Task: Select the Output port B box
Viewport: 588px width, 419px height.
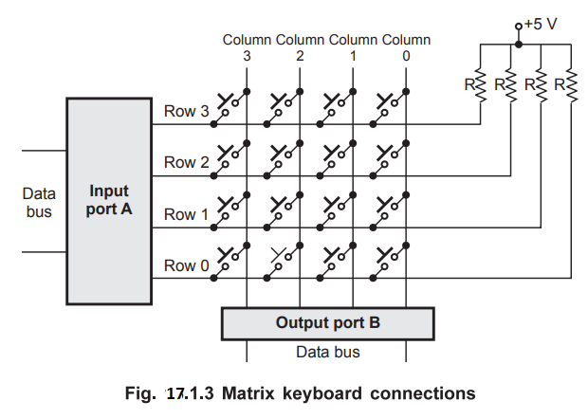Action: click(x=327, y=322)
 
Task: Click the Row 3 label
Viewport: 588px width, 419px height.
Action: click(x=186, y=112)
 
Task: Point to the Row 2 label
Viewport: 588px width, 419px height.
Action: click(x=186, y=163)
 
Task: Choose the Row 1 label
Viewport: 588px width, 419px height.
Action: click(x=186, y=214)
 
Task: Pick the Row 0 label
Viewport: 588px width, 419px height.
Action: click(x=186, y=266)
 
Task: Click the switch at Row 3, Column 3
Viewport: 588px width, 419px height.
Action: click(x=231, y=101)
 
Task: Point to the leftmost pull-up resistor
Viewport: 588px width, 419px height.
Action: click(x=480, y=85)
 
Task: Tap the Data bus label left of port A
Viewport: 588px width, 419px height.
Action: click(x=39, y=202)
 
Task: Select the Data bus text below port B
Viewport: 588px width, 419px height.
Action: click(x=327, y=353)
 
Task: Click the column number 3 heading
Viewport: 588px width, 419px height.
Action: click(x=247, y=56)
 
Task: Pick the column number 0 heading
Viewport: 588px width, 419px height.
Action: click(x=406, y=56)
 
